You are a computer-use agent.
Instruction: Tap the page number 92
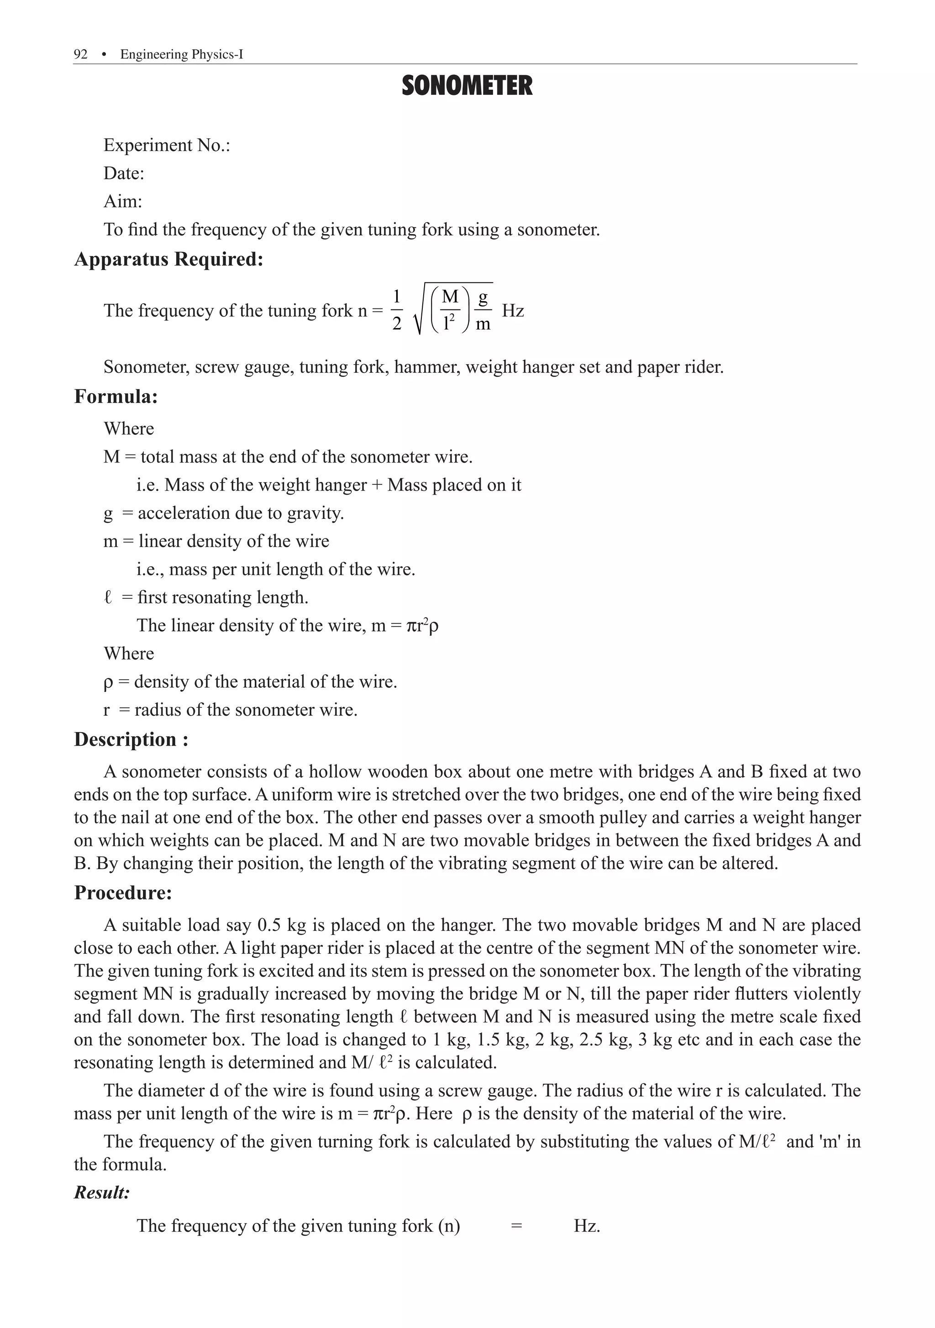click(80, 54)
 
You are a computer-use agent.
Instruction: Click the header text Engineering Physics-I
click(181, 54)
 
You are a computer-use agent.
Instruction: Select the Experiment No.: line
click(167, 145)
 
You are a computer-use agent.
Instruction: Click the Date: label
click(123, 173)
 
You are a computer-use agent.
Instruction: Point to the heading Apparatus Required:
click(168, 259)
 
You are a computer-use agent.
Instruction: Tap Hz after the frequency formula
click(513, 311)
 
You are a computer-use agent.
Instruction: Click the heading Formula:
click(116, 397)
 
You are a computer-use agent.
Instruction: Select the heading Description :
click(131, 740)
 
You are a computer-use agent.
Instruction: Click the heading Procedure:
click(123, 893)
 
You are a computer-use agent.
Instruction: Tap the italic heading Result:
click(102, 1192)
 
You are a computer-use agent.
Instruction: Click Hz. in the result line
click(587, 1226)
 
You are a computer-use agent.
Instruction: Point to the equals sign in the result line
click(517, 1226)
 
